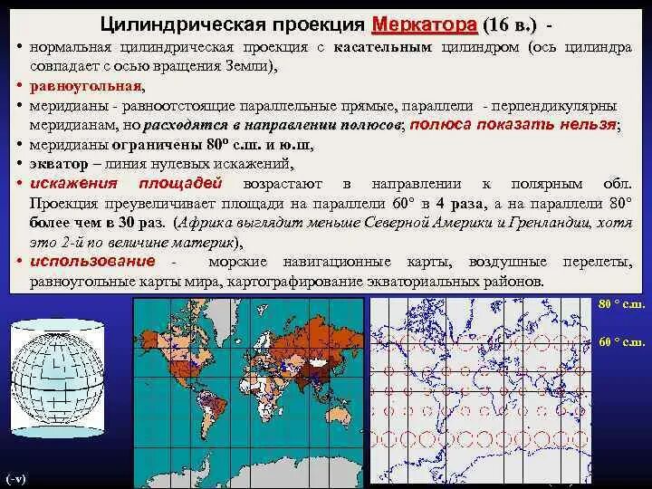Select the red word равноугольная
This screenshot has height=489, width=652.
[85, 86]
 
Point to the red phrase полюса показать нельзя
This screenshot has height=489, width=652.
[513, 126]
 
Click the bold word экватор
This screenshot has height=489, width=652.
[58, 163]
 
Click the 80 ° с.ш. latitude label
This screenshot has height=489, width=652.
[622, 304]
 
